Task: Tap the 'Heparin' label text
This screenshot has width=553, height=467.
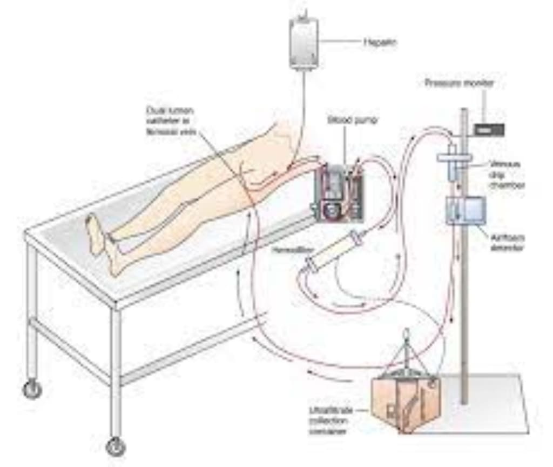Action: click(376, 41)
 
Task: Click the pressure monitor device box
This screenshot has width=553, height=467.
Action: click(489, 129)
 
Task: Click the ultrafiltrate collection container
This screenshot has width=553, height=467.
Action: click(405, 403)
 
